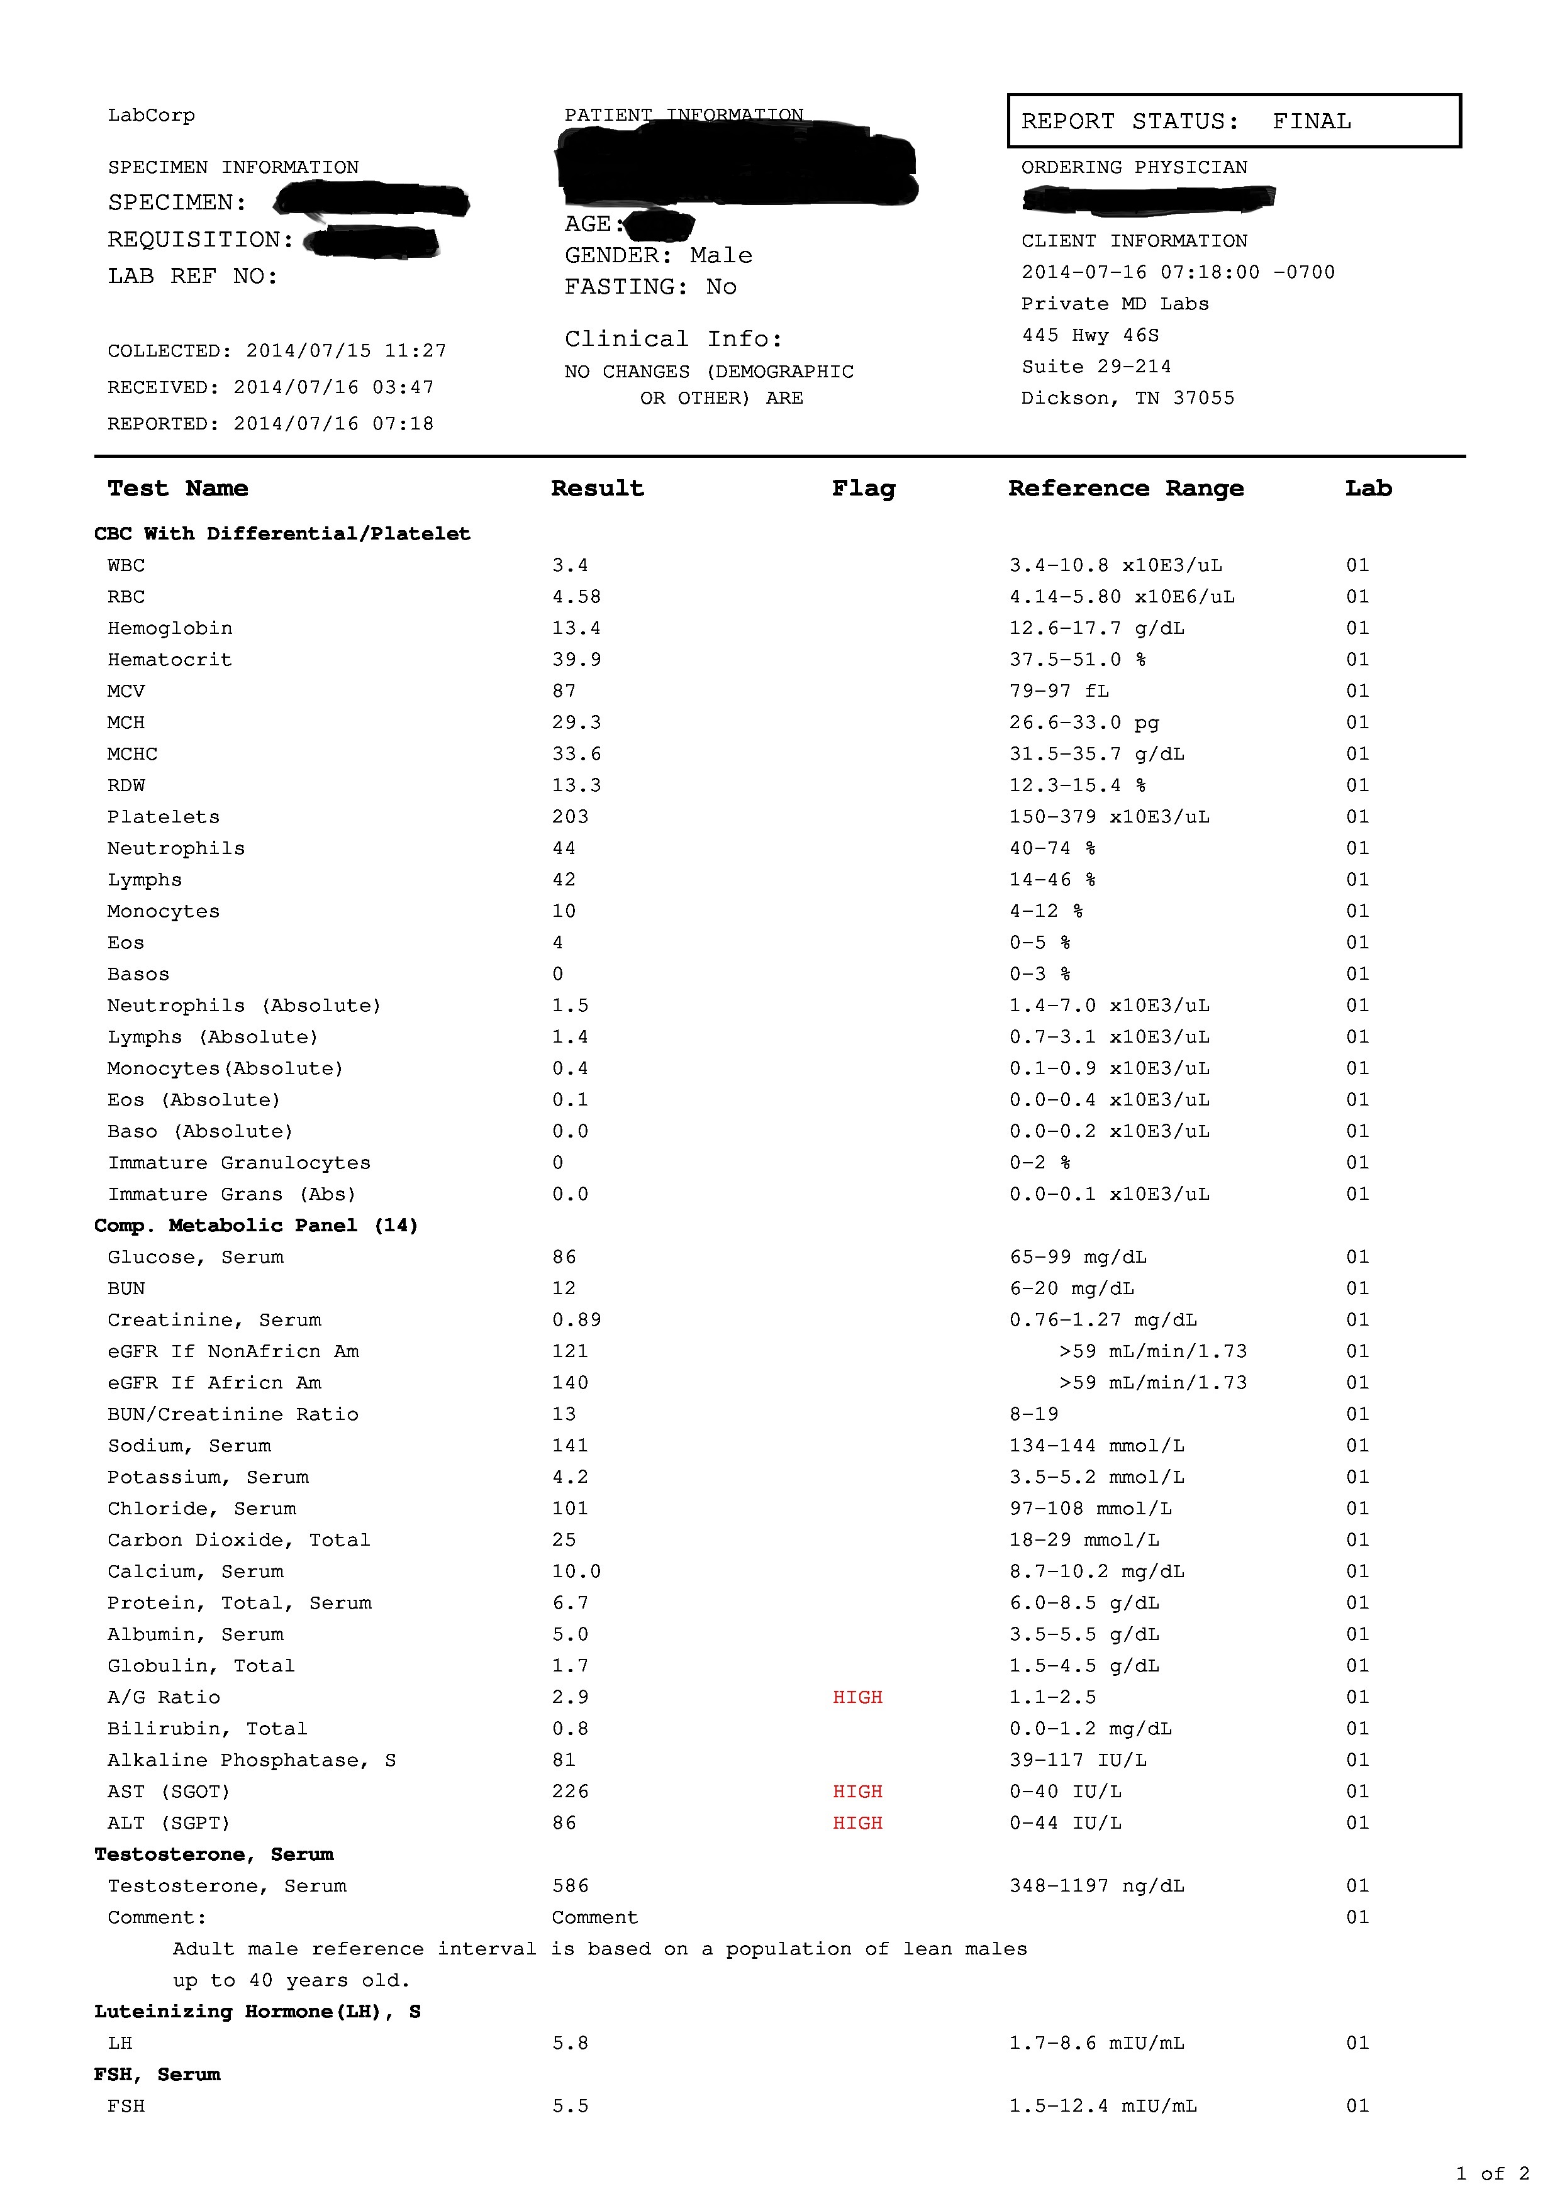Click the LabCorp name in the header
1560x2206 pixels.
click(x=151, y=115)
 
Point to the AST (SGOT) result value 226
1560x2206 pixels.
click(x=570, y=1791)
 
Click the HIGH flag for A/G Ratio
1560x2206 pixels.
click(x=857, y=1697)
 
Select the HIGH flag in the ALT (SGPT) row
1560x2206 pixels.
click(x=857, y=1822)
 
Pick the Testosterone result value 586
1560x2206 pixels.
click(x=570, y=1885)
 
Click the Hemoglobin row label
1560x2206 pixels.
click(x=169, y=628)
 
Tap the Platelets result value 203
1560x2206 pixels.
click(x=570, y=817)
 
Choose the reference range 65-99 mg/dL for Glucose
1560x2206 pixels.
click(x=1078, y=1256)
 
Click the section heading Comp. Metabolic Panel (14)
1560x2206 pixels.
click(x=255, y=1225)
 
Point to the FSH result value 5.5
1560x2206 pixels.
click(x=570, y=2105)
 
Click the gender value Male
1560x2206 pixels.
click(x=721, y=255)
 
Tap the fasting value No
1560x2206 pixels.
click(x=721, y=287)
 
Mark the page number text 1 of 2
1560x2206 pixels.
click(x=1492, y=2173)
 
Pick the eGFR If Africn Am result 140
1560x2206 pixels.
click(x=570, y=1383)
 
